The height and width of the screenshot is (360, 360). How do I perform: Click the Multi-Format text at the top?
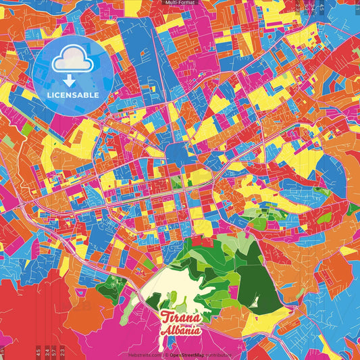pos(180,3)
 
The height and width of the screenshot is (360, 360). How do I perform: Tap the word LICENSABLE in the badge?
pos(74,95)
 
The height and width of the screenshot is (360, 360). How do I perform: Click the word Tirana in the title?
pos(180,317)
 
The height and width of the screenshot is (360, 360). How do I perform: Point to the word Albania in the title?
pos(180,331)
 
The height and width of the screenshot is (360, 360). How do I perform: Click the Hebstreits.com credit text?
pos(144,354)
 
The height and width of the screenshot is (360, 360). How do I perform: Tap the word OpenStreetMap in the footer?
pos(188,354)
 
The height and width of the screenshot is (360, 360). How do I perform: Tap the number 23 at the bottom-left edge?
pos(62,351)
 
